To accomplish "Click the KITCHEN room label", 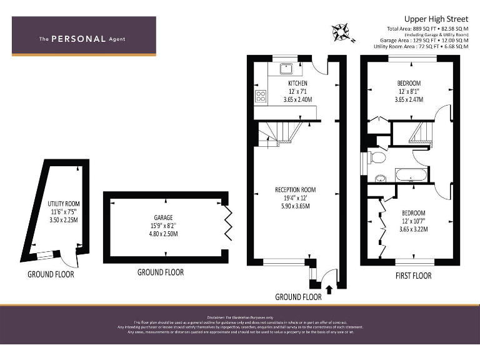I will point(297,83).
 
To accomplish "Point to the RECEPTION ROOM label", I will point(296,189).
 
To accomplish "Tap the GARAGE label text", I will point(163,217).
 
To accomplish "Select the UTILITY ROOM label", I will point(64,204).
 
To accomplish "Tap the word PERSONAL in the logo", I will point(78,39).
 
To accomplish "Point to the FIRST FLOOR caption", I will point(413,276).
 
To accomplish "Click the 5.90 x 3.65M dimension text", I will point(296,206).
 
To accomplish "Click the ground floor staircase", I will point(279,132).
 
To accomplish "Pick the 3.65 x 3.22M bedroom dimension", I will point(412,229).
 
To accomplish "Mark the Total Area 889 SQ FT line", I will point(427,29).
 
